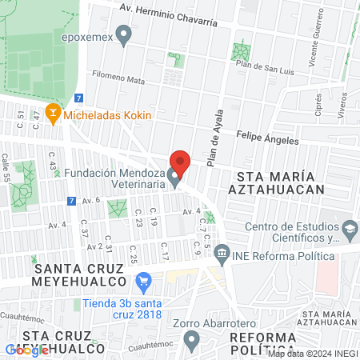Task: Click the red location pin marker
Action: coord(181,163)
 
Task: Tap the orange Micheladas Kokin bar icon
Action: coord(54,114)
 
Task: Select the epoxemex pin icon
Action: coord(123,35)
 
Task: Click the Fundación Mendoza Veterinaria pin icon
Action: coord(174,181)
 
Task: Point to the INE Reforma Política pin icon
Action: coord(222,256)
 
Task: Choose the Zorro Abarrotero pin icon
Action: coord(190,340)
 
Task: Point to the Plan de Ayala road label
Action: coord(214,141)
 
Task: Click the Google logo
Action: coord(26,350)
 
